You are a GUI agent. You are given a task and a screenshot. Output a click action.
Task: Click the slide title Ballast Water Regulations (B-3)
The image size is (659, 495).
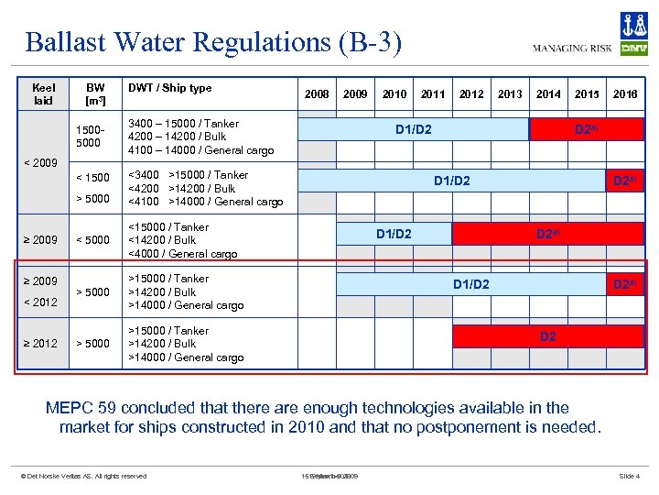(213, 42)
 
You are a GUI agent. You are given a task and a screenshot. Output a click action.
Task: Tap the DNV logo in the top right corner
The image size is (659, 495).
(633, 35)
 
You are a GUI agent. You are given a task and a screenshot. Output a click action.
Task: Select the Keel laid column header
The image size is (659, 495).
(43, 93)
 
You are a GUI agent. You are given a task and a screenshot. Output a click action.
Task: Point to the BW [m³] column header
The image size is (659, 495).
(96, 93)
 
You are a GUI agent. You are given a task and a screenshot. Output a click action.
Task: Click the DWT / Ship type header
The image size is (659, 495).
(170, 88)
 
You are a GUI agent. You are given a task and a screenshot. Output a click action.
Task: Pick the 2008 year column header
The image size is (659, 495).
(317, 93)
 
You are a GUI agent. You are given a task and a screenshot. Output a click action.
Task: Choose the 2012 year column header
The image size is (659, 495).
(471, 93)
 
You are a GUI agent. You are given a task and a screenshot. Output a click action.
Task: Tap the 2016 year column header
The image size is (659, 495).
(625, 93)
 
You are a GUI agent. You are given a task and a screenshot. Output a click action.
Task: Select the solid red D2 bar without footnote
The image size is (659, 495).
(547, 336)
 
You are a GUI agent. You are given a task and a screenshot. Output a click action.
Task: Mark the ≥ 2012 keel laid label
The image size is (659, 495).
(41, 344)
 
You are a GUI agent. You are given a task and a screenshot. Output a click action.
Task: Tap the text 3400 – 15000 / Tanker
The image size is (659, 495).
(184, 124)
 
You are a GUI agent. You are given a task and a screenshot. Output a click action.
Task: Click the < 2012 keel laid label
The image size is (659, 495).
(41, 302)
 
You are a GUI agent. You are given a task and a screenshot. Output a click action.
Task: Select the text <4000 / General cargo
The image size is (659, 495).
(183, 254)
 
